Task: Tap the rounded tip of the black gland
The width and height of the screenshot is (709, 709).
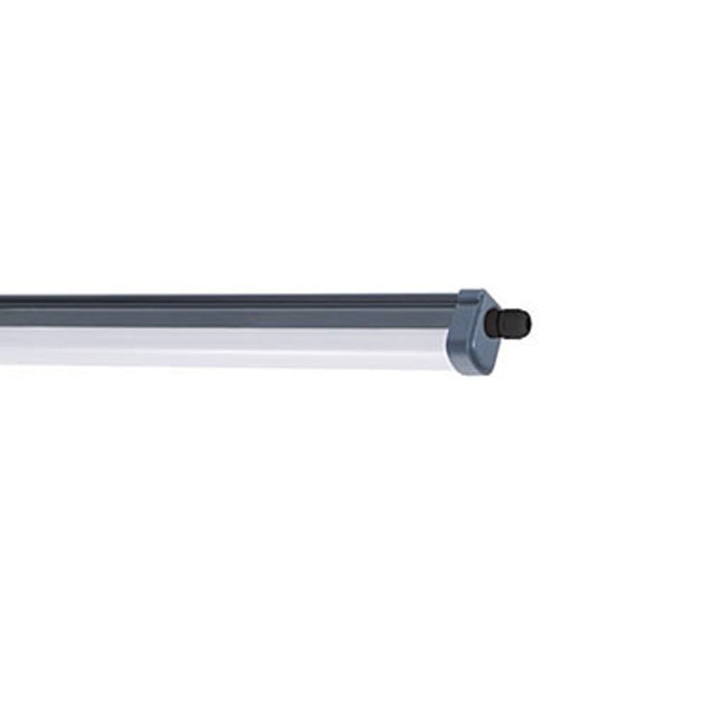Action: [x=527, y=323]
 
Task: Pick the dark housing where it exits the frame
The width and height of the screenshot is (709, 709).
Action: [x=3, y=311]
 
